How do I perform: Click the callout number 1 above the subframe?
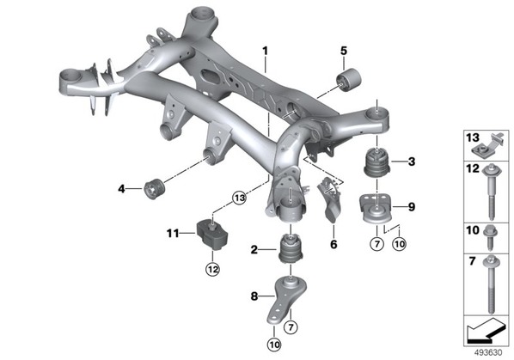point(265,51)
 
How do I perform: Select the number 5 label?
point(343,51)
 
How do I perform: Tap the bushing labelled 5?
point(349,80)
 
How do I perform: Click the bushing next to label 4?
point(154,188)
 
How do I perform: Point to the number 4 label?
point(121,189)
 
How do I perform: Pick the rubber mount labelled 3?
point(377,162)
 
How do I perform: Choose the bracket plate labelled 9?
point(376,209)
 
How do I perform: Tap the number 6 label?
point(333,244)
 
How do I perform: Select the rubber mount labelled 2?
point(291,247)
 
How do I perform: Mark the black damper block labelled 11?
point(212,236)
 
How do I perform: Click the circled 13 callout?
point(240,198)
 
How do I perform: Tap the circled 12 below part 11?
point(212,270)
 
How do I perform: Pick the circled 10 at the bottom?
point(274,345)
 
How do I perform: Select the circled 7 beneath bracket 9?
point(376,244)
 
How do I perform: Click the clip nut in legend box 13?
point(489,145)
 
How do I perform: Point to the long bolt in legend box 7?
point(491,284)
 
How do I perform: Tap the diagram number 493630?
point(488,353)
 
